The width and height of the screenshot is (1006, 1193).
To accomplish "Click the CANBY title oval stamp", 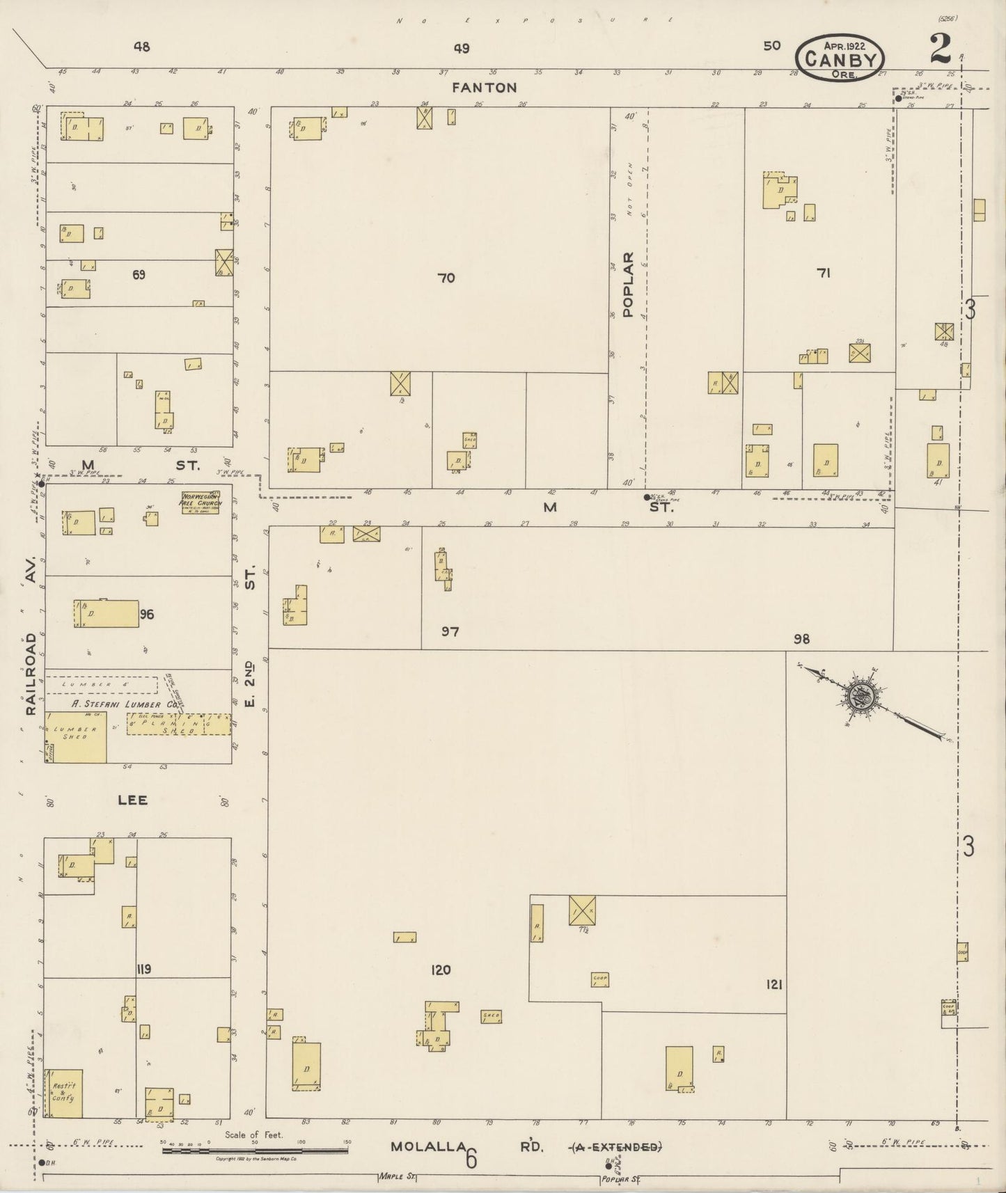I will [840, 57].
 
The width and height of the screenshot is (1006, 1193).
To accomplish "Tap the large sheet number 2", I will [940, 49].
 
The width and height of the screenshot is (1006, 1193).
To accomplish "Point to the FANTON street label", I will [484, 88].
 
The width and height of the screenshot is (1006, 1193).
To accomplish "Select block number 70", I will [446, 278].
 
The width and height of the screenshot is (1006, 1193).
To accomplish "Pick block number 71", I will [824, 274].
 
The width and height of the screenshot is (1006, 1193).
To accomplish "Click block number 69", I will [139, 275].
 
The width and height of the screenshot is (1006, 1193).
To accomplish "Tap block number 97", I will [450, 632].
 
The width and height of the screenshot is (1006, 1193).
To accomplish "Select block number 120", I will [441, 970].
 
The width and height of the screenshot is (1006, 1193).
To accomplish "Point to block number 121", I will [773, 984].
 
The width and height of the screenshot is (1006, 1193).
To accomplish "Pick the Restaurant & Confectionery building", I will [63, 1093].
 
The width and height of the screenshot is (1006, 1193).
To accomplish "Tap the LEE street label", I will [132, 800].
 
